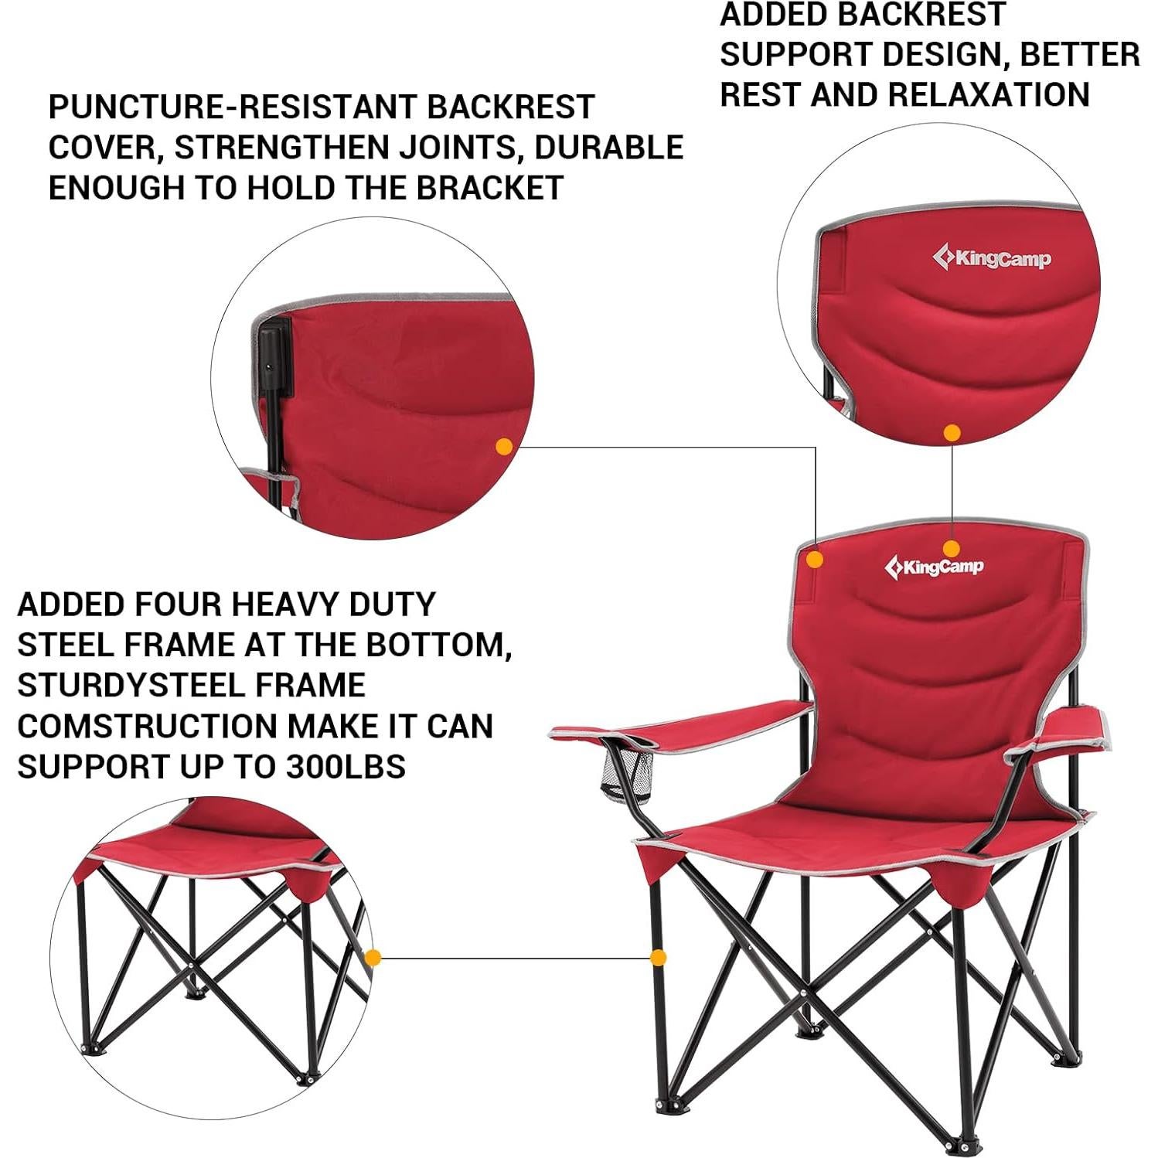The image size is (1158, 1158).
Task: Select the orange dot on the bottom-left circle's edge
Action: [373, 958]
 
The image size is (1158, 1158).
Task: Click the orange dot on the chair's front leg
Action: [659, 958]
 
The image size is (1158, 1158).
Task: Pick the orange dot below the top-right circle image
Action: [952, 433]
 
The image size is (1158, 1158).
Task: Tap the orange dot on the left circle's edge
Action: [504, 446]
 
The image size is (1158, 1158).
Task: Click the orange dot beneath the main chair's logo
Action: [952, 549]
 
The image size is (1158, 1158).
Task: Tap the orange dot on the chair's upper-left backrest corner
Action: [815, 560]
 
